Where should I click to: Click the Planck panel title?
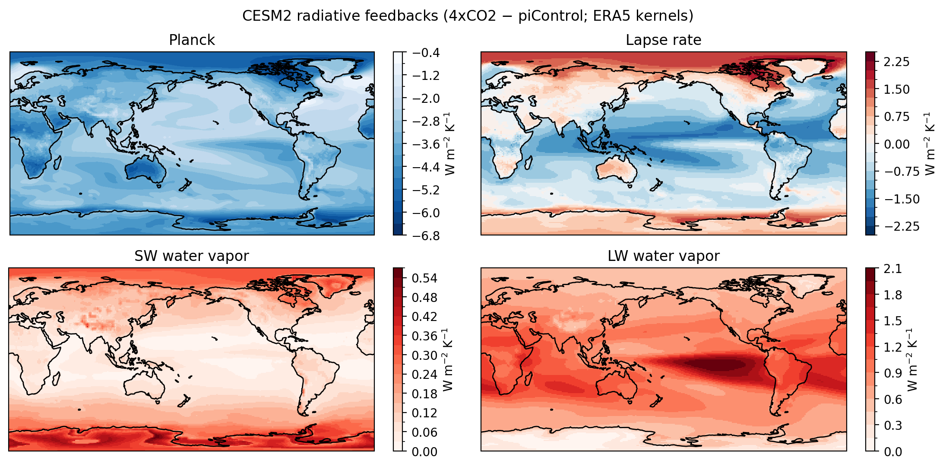(192, 40)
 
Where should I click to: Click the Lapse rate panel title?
(663, 40)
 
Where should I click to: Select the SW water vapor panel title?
(192, 256)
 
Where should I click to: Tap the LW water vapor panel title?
(663, 256)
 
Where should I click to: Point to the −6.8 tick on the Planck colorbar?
(426, 235)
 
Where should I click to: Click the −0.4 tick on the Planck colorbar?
(426, 53)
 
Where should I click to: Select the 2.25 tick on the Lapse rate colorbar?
(896, 62)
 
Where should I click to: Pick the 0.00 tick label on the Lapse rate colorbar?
(896, 144)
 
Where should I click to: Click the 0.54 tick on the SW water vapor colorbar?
(424, 278)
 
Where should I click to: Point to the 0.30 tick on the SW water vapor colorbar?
(424, 356)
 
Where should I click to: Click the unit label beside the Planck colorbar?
(450, 143)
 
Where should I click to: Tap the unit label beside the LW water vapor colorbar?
(912, 359)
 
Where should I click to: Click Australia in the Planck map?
(146, 169)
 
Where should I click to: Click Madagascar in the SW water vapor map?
(56, 379)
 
